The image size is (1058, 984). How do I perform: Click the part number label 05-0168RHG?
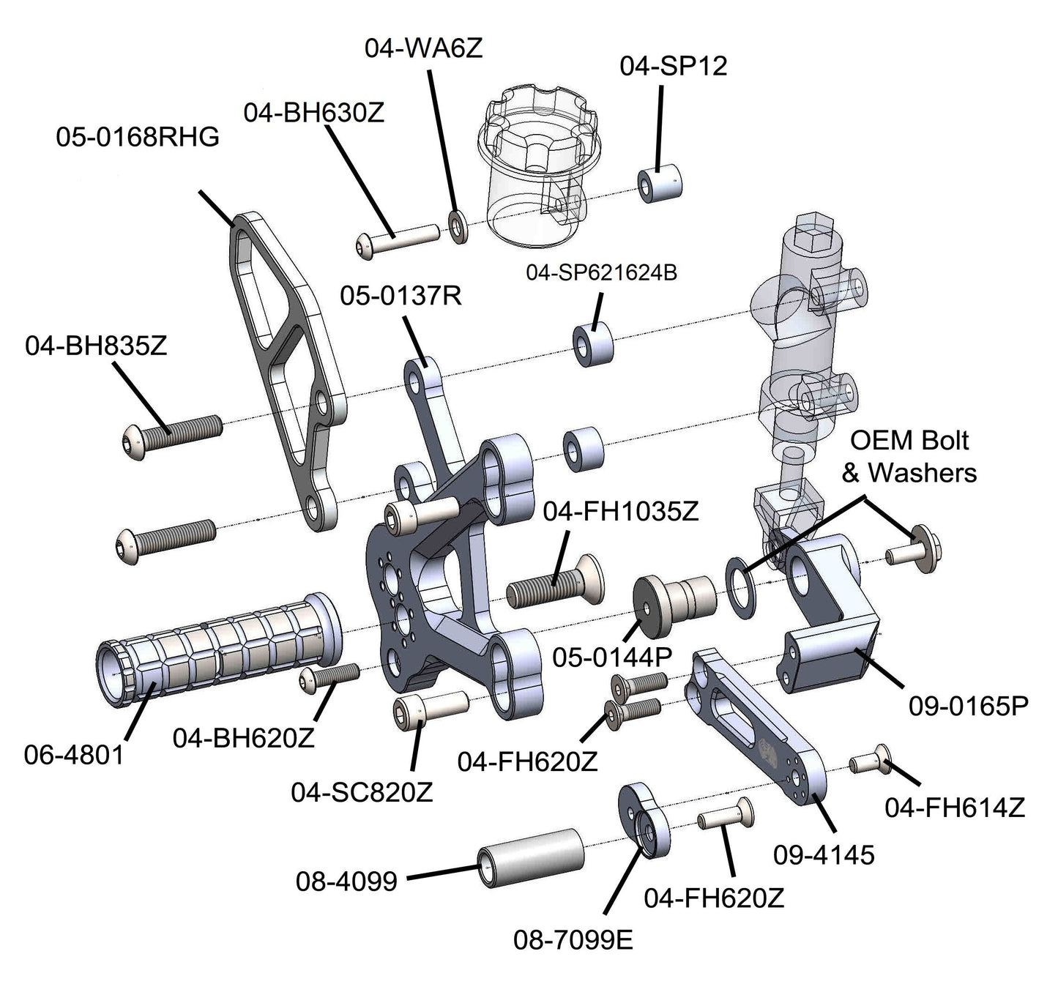138,137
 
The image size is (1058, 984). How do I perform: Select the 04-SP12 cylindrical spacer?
660,184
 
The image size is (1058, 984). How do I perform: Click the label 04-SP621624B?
601,273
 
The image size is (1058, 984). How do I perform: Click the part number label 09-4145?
824,854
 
